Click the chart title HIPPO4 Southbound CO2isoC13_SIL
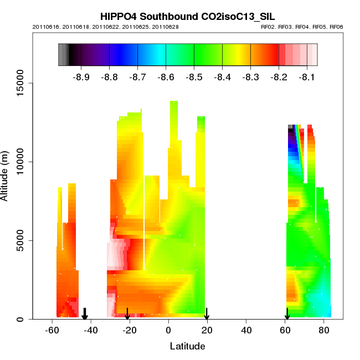click(x=188, y=16)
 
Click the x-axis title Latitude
click(x=187, y=347)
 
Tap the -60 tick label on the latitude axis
click(x=52, y=330)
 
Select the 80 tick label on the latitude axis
click(x=324, y=330)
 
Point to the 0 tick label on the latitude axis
click(x=168, y=330)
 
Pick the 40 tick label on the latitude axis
click(x=246, y=330)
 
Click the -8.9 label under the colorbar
click(x=81, y=77)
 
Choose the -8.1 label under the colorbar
click(x=307, y=77)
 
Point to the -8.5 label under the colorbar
click(x=194, y=77)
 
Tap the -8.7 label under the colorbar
click(x=137, y=77)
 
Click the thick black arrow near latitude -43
click(x=85, y=314)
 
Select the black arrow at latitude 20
click(x=207, y=314)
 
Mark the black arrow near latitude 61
click(x=287, y=314)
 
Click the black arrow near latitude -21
click(x=127, y=314)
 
